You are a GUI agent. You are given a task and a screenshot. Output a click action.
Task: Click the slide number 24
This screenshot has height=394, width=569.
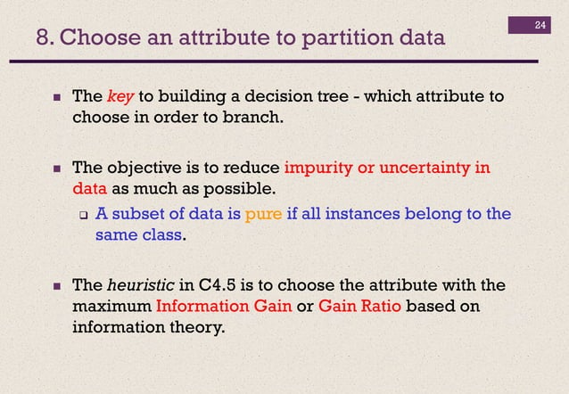pos(540,24)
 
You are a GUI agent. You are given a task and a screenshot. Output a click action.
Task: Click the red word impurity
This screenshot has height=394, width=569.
pos(317,167)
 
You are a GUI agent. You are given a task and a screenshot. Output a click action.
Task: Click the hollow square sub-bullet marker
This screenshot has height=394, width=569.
pos(82,214)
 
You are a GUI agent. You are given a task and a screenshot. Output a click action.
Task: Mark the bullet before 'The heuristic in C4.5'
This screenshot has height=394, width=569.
pos(56,286)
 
